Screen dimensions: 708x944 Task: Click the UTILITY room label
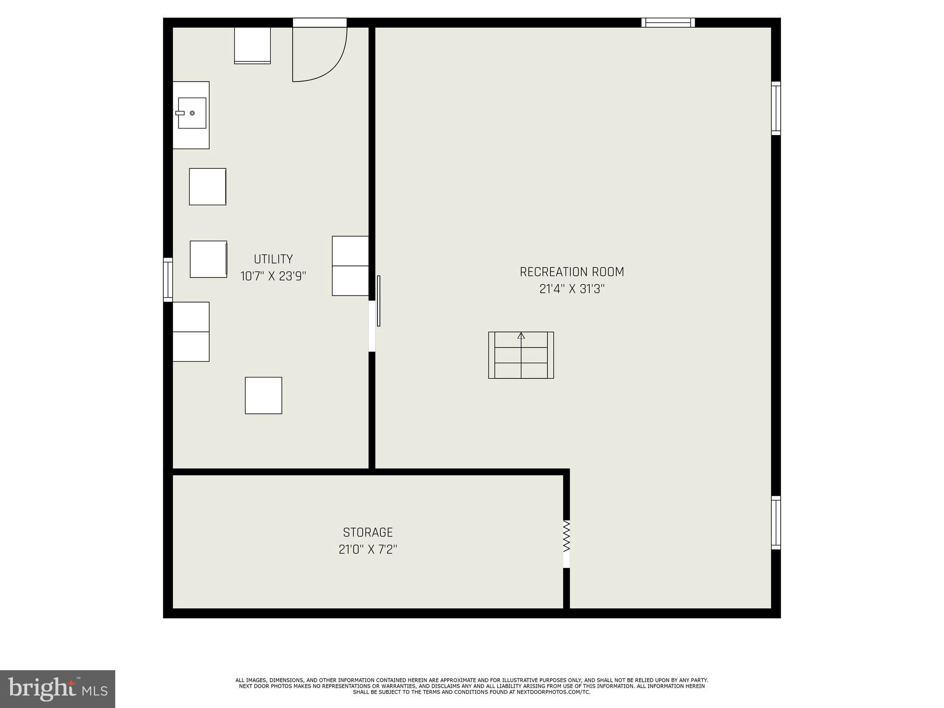273,259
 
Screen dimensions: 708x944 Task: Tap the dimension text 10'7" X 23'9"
273,277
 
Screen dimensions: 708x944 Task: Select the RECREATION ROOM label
572,272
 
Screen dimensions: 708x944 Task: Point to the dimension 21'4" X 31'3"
572,289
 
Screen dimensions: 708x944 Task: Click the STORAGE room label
367,532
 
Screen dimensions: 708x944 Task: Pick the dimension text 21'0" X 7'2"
367,549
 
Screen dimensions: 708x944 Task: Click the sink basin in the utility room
192,113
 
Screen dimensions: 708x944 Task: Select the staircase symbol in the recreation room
521,355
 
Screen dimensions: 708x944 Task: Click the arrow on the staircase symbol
521,336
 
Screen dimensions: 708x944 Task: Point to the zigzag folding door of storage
566,536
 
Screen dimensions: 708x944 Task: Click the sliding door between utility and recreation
378,301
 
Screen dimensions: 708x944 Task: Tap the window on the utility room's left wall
168,280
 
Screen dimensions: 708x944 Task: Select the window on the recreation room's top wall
668,23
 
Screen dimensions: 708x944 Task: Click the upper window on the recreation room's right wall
776,108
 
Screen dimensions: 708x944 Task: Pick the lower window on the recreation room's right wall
776,523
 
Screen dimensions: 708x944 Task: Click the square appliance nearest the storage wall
263,395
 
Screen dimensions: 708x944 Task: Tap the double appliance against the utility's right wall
350,266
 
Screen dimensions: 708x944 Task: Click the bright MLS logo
57,689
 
